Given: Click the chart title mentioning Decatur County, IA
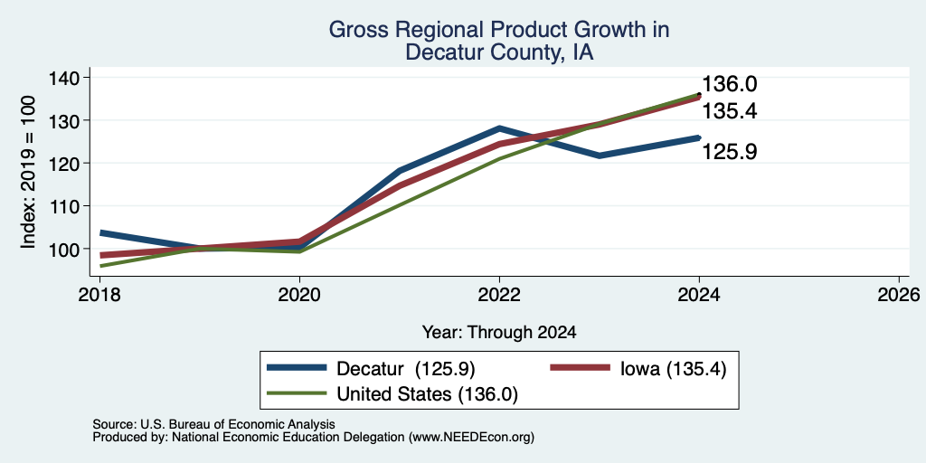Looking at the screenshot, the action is click(x=499, y=41).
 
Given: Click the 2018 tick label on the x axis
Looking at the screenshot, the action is click(x=99, y=294).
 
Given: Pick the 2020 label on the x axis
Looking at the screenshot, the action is click(x=299, y=294).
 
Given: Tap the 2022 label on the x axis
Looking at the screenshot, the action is click(x=499, y=294).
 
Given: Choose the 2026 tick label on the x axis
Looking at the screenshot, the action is click(x=900, y=294).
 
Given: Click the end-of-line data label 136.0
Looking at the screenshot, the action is click(x=730, y=84).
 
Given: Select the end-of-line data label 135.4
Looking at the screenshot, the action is click(x=730, y=111).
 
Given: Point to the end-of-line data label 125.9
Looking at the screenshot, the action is click(x=730, y=152).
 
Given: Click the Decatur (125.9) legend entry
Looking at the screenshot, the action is click(x=371, y=369).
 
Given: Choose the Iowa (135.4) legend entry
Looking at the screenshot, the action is click(x=638, y=369).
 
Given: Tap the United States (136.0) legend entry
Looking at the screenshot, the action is click(x=392, y=394).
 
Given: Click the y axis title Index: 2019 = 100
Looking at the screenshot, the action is click(x=28, y=173).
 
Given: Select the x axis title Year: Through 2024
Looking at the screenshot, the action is click(x=499, y=333).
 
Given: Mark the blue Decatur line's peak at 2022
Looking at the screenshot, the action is click(x=499, y=128).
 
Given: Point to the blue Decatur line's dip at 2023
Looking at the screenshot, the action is click(x=600, y=156).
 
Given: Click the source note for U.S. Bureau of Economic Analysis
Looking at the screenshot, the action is click(x=213, y=425).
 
